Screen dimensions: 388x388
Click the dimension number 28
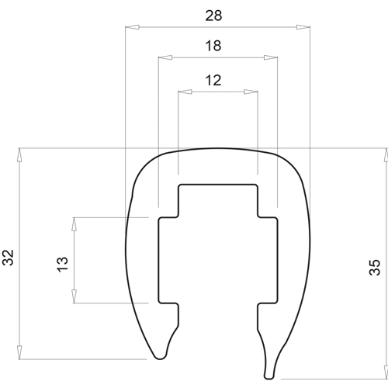213,16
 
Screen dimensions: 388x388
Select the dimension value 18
213,46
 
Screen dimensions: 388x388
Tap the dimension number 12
213,81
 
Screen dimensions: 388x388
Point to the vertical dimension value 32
8,258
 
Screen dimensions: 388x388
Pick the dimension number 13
62,264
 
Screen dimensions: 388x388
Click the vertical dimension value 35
375,267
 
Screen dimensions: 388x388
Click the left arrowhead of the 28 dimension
132,27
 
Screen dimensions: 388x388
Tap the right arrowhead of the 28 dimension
303,27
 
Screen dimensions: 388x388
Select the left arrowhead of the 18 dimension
165,57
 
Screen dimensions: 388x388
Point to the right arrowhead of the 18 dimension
271,57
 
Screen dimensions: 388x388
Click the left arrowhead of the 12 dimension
185,92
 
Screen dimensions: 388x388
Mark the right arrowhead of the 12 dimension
251,92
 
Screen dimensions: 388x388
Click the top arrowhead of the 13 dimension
74,224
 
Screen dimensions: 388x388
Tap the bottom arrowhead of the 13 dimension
74,296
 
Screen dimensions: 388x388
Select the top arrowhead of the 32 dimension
19,155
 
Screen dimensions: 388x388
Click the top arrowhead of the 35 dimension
386,155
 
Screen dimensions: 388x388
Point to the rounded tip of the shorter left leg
161,356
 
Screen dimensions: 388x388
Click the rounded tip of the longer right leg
269,376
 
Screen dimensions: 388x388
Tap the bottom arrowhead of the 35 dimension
386,372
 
